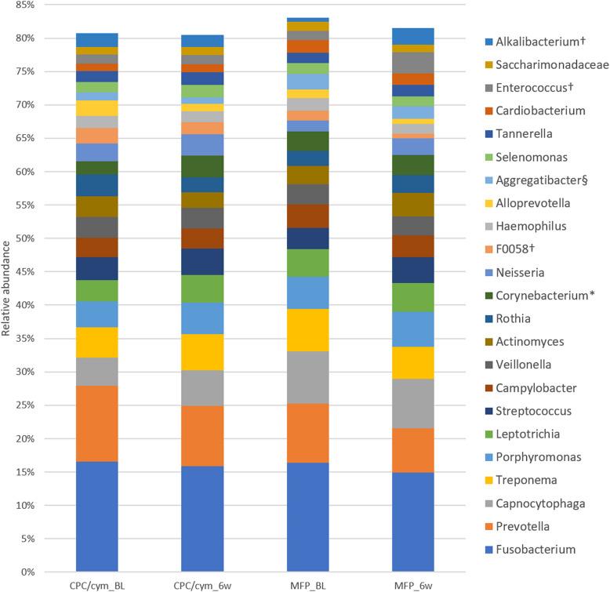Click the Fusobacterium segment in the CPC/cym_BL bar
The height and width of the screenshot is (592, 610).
click(96, 517)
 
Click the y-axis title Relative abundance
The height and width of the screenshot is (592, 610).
click(7, 289)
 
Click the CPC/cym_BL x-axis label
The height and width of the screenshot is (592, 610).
click(96, 586)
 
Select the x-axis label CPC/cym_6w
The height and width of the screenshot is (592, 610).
click(202, 586)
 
